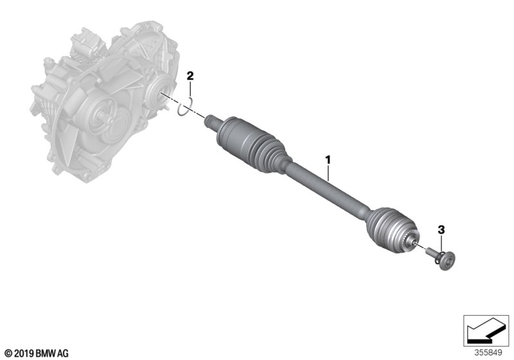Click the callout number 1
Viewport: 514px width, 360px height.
pyautogui.click(x=328, y=160)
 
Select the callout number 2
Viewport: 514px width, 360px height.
pyautogui.click(x=190, y=76)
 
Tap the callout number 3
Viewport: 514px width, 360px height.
pyautogui.click(x=441, y=230)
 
